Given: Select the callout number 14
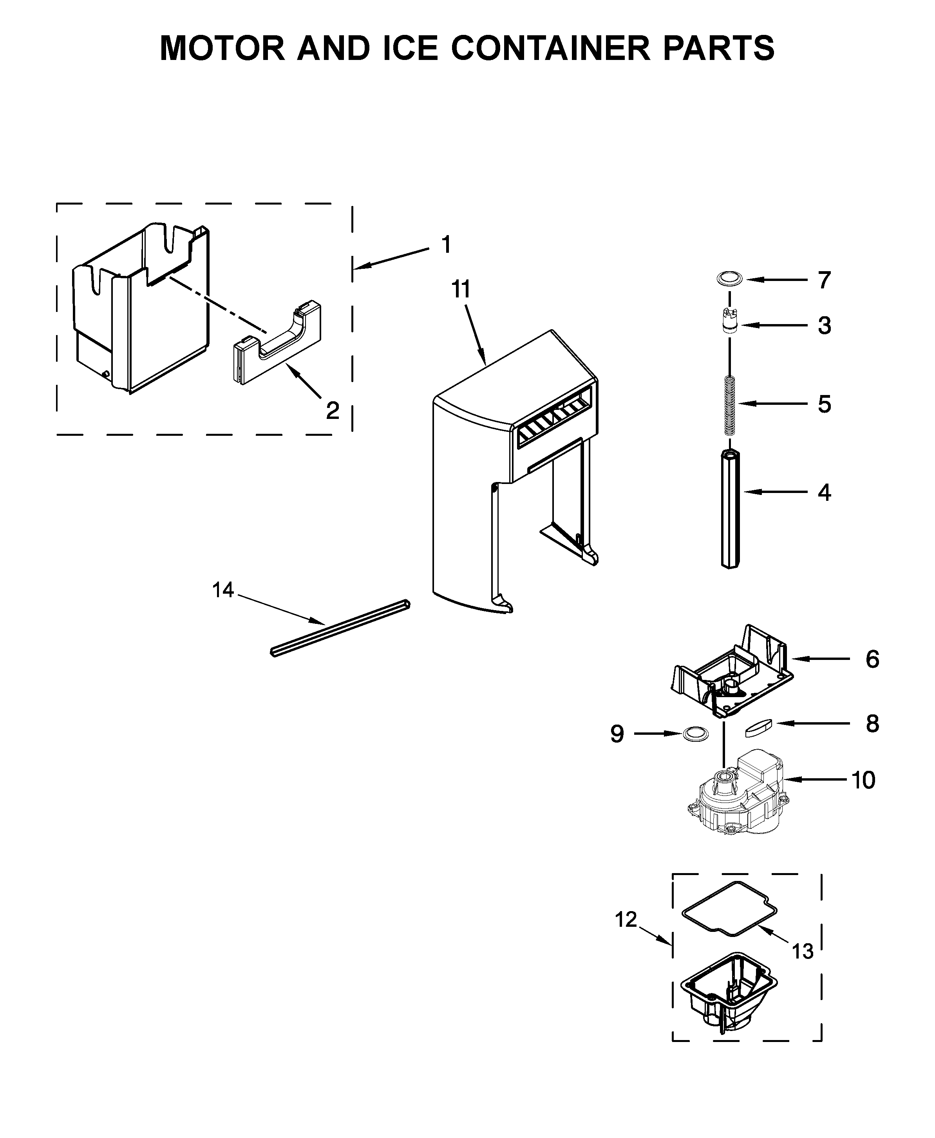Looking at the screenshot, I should click(x=222, y=590).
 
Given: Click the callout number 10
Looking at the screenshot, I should click(x=863, y=780).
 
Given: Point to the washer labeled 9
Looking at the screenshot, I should click(x=695, y=734).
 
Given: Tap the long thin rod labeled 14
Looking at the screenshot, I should click(x=339, y=628).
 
